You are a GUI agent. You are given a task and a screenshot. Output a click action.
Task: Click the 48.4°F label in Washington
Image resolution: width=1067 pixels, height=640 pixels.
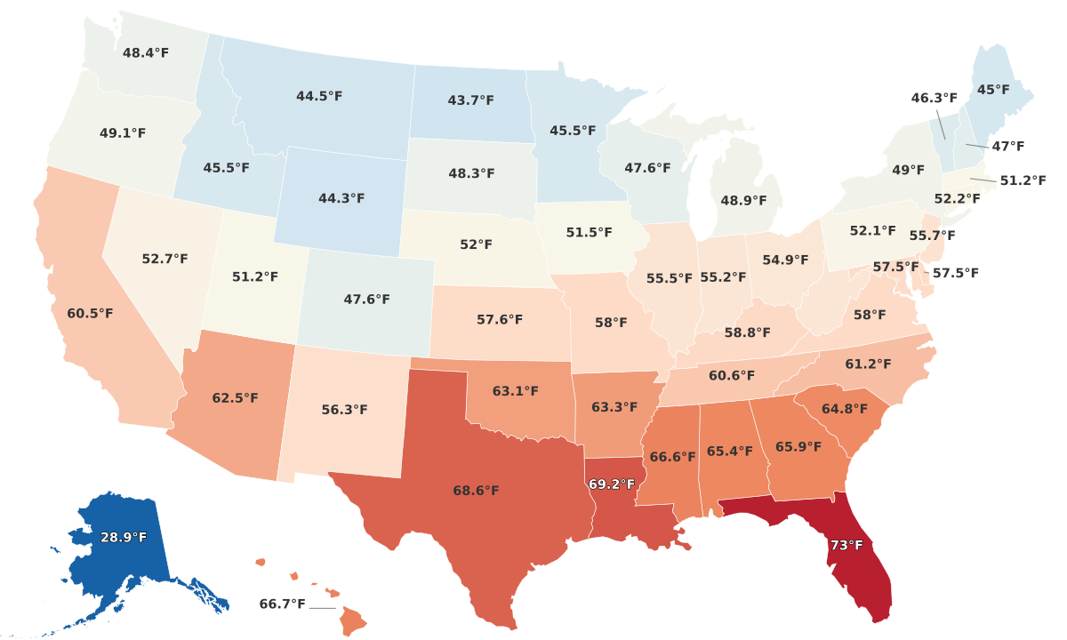[x=146, y=53]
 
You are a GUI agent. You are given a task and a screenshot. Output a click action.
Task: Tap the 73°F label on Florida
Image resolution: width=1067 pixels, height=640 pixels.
[x=846, y=545]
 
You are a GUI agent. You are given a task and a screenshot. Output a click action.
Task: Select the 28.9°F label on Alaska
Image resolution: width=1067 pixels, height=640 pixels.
[x=124, y=538]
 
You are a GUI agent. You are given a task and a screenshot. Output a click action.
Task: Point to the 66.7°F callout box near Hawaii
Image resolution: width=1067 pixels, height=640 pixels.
[x=282, y=604]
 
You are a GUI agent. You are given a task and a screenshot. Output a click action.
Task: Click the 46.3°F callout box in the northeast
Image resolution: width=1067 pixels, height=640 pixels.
[x=935, y=98]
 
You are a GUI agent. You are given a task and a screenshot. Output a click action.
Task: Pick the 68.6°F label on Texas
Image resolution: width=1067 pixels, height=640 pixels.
[x=476, y=491]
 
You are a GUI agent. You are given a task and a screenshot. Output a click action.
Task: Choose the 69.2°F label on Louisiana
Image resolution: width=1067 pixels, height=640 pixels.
[x=612, y=484]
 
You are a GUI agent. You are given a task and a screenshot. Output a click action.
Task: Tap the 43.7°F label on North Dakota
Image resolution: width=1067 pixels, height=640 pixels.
[x=470, y=100]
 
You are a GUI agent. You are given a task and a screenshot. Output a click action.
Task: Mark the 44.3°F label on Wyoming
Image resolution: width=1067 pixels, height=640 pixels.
[x=341, y=198]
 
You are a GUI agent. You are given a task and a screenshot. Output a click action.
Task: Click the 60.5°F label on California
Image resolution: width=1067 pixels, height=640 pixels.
[x=90, y=314]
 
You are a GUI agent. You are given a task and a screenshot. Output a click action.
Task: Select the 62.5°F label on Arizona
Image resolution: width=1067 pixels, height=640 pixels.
[x=235, y=398]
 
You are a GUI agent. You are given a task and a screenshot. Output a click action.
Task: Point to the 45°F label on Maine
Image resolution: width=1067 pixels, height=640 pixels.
[x=993, y=90]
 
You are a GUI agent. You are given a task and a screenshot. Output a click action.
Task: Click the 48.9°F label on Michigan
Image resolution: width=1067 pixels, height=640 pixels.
[x=743, y=201]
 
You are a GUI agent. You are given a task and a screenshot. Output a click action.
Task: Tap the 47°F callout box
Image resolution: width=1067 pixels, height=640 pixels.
[x=1008, y=146]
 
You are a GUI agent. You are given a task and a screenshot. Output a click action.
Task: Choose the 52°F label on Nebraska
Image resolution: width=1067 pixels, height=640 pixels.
[x=476, y=244]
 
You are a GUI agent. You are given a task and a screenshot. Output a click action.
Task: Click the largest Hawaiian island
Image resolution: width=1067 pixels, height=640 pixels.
[x=353, y=620]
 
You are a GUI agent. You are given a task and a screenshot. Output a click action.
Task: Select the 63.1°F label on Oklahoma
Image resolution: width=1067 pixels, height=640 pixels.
[x=516, y=391]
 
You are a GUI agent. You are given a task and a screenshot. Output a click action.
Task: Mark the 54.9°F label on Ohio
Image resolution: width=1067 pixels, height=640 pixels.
[x=785, y=260]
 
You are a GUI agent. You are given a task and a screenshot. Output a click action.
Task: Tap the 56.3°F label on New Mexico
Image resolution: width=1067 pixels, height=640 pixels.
[x=344, y=410]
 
